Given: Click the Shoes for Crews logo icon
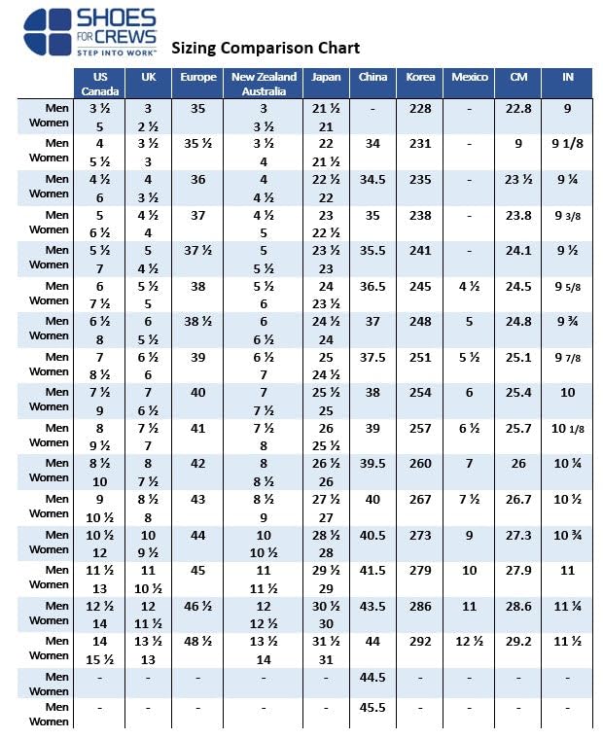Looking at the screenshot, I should click(48, 32).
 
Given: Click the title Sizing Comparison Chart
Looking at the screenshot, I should click(266, 48).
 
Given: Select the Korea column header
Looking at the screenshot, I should click(420, 77).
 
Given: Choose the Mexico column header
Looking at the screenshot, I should click(470, 77).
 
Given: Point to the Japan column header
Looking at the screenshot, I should click(327, 77).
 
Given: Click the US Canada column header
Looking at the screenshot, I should click(100, 84).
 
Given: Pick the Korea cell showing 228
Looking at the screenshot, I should click(420, 109).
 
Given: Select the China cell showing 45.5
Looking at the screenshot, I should click(372, 708).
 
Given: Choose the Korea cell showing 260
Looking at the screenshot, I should click(420, 463).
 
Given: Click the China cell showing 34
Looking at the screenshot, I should click(372, 144).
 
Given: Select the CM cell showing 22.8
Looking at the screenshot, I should click(518, 109).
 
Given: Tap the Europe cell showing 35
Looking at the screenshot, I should click(198, 109).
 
